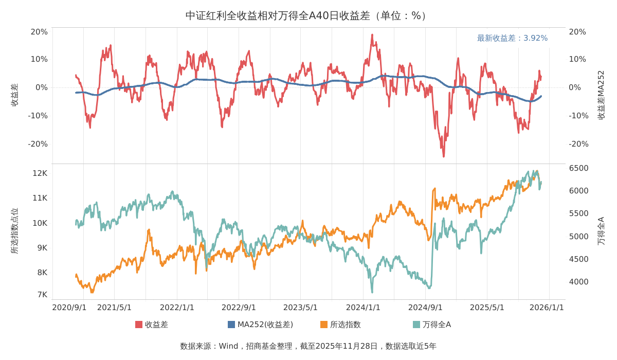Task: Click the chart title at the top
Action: [x=308, y=15]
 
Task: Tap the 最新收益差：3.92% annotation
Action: [x=512, y=38]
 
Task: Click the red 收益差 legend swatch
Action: [x=139, y=325]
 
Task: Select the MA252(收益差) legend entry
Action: [x=260, y=325]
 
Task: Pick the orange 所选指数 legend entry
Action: [x=340, y=325]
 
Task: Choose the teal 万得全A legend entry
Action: [x=432, y=325]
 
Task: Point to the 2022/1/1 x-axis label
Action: [x=177, y=308]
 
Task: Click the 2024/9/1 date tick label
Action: [x=425, y=308]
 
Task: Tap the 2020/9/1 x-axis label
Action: [x=69, y=308]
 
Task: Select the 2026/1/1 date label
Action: [x=547, y=308]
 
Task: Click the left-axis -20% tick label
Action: [x=38, y=144]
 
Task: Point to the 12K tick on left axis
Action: [x=40, y=173]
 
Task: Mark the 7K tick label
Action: [x=42, y=295]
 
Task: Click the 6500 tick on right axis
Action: [x=578, y=168]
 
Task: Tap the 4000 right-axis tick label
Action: [x=578, y=282]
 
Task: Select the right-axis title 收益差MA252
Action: [x=601, y=95]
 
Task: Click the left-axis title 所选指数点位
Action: [x=14, y=231]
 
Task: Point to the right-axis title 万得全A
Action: [x=601, y=231]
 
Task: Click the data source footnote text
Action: [x=308, y=346]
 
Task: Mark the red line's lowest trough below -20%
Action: [x=444, y=156]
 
